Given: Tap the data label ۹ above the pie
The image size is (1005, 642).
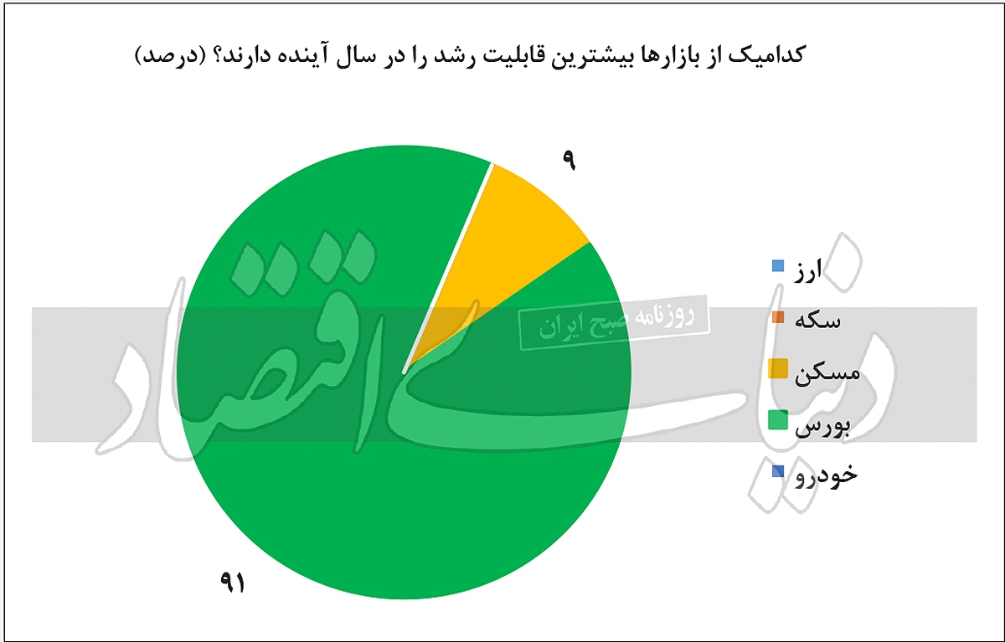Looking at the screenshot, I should coord(569,160).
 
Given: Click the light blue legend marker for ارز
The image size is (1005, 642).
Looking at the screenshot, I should coord(777,267).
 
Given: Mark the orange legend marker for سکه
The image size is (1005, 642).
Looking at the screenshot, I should coord(777,317).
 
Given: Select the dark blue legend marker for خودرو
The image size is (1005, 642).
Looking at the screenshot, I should coord(778,471).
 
